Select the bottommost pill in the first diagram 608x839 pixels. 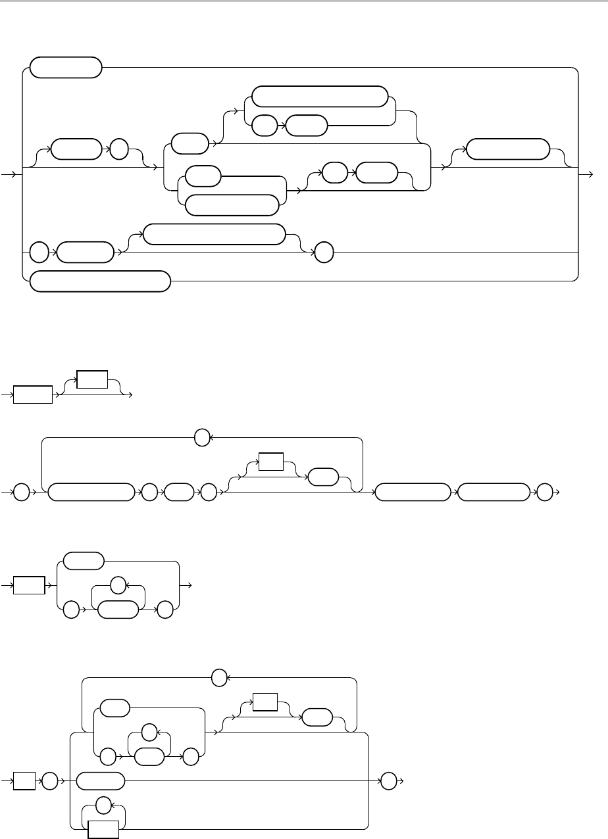click(100, 282)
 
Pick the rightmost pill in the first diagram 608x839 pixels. click(507, 149)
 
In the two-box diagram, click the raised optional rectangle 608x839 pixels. click(92, 379)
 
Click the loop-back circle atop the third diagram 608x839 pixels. click(203, 437)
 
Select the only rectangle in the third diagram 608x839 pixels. click(271, 462)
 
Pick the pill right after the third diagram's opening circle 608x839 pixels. click(88, 492)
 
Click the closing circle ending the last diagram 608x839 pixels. click(388, 781)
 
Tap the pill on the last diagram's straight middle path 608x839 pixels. click(100, 781)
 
